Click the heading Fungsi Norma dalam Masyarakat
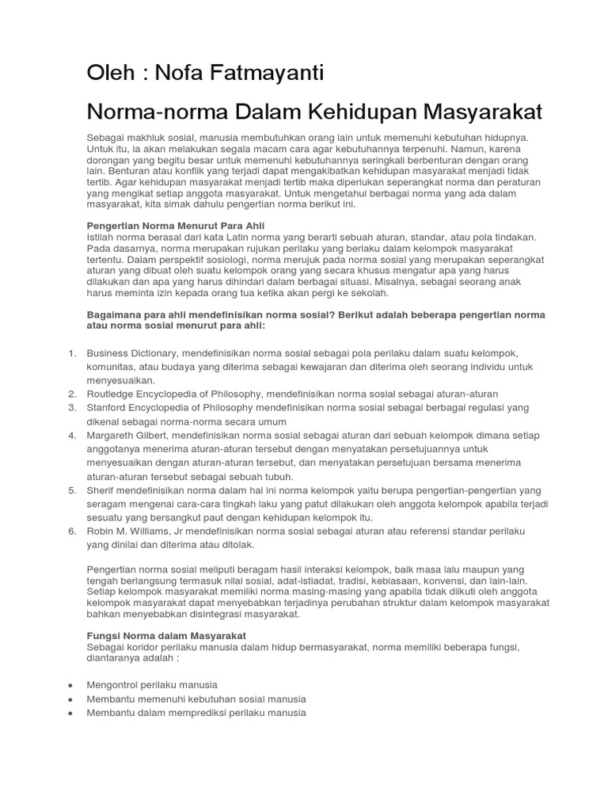pyautogui.click(x=166, y=636)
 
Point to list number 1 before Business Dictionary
pyautogui.click(x=71, y=352)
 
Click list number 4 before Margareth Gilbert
pyautogui.click(x=71, y=436)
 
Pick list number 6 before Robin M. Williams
pyautogui.click(x=71, y=531)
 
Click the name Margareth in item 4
pyautogui.click(x=112, y=436)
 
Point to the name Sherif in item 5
pyautogui.click(x=101, y=490)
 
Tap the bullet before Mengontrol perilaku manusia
pyautogui.click(x=71, y=685)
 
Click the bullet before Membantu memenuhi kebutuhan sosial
pyautogui.click(x=71, y=699)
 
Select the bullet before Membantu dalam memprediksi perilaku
pyautogui.click(x=71, y=713)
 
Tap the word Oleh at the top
pyautogui.click(x=109, y=74)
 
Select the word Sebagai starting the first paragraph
pyautogui.click(x=104, y=137)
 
